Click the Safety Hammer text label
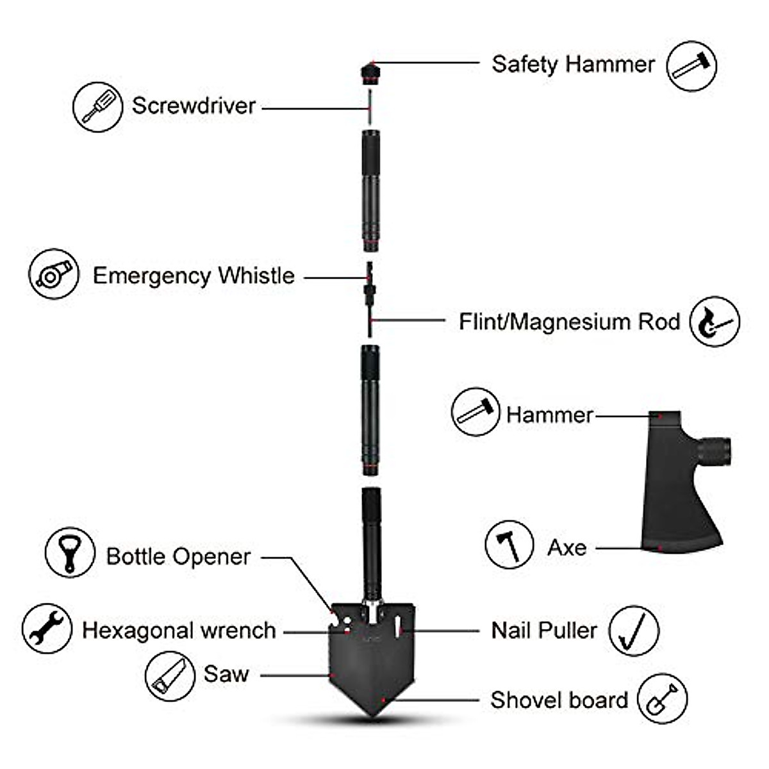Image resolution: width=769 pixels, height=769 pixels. pyautogui.click(x=573, y=64)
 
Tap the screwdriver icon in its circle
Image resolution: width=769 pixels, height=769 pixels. pyautogui.click(x=97, y=107)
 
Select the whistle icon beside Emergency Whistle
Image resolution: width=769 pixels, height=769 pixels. pyautogui.click(x=54, y=274)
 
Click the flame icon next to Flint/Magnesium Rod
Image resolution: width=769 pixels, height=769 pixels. pyautogui.click(x=715, y=321)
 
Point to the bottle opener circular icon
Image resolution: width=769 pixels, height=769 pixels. pyautogui.click(x=70, y=552)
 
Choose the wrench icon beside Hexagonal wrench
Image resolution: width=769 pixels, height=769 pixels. pyautogui.click(x=46, y=628)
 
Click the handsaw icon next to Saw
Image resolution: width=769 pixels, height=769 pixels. pyautogui.click(x=169, y=676)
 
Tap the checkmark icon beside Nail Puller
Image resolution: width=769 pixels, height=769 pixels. pyautogui.click(x=633, y=631)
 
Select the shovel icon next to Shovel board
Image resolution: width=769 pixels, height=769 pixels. pyautogui.click(x=662, y=699)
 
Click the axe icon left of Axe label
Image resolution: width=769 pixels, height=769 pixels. pyautogui.click(x=509, y=545)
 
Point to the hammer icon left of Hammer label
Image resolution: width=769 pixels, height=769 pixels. pyautogui.click(x=475, y=412)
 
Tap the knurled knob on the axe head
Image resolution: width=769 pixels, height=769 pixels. pyautogui.click(x=715, y=450)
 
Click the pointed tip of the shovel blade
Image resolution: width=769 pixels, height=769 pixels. pyautogui.click(x=374, y=713)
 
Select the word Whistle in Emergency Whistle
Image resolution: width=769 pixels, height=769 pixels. pyautogui.click(x=256, y=276)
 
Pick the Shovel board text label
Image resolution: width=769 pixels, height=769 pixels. pyautogui.click(x=559, y=700)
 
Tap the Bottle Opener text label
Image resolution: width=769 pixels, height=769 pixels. pyautogui.click(x=178, y=556)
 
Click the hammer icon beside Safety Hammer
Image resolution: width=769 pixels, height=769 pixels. pyautogui.click(x=691, y=65)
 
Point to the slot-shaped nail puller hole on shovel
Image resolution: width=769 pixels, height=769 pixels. pyautogui.click(x=398, y=625)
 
